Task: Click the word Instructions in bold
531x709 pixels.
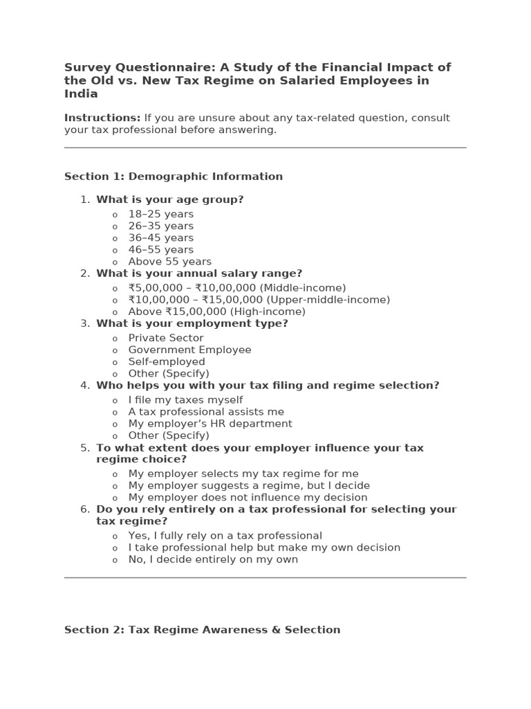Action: (102, 118)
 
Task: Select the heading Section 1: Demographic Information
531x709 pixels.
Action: (173, 177)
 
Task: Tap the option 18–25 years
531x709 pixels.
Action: (160, 214)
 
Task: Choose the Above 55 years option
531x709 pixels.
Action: (169, 262)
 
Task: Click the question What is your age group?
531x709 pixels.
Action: (169, 199)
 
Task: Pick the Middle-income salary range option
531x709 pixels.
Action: (236, 288)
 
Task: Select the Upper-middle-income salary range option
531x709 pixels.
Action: (259, 300)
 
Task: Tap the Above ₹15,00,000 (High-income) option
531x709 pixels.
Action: (216, 312)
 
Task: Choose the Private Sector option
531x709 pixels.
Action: (165, 338)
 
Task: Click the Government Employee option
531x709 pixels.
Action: (189, 350)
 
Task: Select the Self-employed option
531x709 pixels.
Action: (167, 361)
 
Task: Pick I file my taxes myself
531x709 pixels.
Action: (185, 400)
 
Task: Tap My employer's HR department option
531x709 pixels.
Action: (209, 424)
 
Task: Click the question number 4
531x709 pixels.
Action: (85, 386)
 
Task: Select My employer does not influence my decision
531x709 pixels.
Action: (248, 497)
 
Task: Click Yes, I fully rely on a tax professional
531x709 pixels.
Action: (225, 535)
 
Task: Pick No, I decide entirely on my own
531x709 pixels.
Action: (213, 559)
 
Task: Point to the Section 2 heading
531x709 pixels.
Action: (202, 630)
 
